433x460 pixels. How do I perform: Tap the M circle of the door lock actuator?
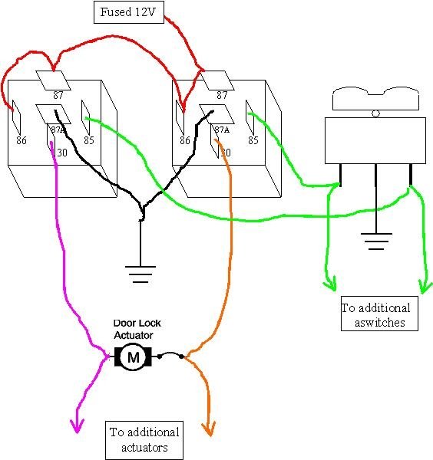click(x=134, y=356)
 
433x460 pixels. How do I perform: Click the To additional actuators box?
click(x=144, y=439)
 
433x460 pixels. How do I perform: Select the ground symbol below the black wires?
click(x=140, y=272)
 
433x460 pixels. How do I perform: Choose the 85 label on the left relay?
click(x=88, y=140)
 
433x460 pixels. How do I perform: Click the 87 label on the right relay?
click(x=222, y=95)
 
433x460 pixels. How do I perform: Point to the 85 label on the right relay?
click(x=253, y=140)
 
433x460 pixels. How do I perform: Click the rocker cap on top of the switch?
click(x=375, y=98)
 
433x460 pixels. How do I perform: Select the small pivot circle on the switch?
click(x=375, y=114)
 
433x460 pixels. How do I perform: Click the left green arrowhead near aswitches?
click(x=330, y=287)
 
